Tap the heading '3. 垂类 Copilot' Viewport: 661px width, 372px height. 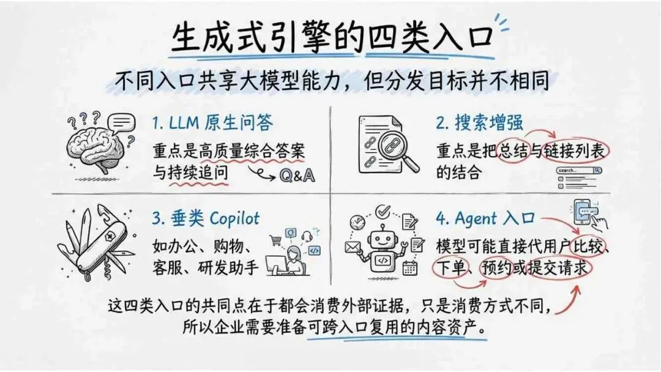(206, 218)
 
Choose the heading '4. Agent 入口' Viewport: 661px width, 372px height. (486, 218)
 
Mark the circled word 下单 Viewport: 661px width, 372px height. (450, 267)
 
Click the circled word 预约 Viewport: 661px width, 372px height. (496, 267)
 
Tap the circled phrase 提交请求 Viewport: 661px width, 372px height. (561, 267)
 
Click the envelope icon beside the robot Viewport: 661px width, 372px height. (353, 247)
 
